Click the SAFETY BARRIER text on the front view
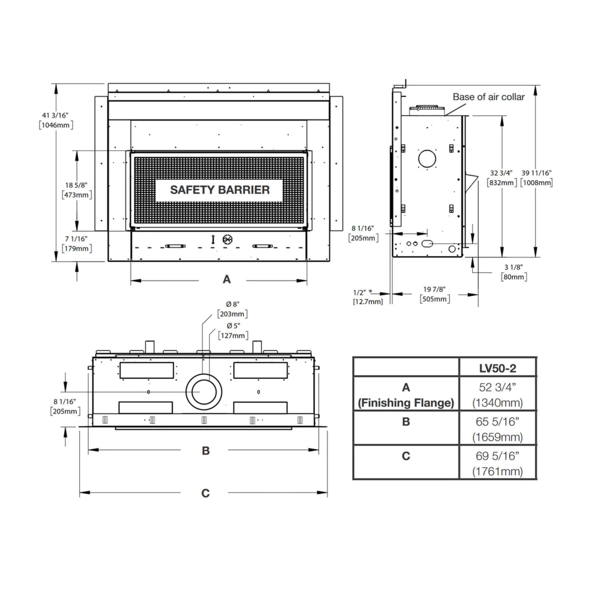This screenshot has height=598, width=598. point(220,190)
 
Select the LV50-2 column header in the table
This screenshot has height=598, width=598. point(498,368)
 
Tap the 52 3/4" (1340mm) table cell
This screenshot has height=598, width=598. point(498,395)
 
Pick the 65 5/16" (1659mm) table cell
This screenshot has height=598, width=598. point(498,429)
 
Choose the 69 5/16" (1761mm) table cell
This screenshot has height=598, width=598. point(498,464)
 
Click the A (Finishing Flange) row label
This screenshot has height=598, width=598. point(406,395)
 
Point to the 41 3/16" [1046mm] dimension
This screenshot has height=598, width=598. point(56,120)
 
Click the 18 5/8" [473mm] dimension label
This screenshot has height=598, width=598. point(76,190)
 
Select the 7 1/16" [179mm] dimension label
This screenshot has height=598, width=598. point(76,244)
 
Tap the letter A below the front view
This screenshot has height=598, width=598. point(227,280)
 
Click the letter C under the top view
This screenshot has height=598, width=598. point(205,493)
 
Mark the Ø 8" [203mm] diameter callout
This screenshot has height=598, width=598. point(233,309)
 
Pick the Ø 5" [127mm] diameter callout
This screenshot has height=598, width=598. point(233,331)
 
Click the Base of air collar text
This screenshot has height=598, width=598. point(489,97)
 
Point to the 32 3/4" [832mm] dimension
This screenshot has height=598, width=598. point(501,178)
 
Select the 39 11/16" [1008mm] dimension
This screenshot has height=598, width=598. point(536,178)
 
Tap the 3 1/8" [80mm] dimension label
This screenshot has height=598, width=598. point(514,272)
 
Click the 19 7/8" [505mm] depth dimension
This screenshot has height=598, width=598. point(434,295)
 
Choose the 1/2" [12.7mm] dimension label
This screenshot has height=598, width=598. point(367,297)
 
